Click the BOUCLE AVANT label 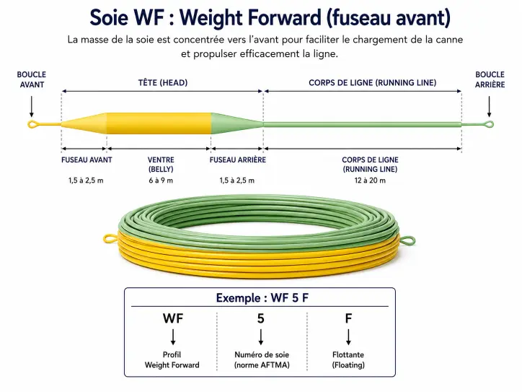coord(32,79)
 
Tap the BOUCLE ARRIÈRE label coord(490,79)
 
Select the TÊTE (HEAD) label coord(163,83)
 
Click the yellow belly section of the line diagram coord(159,123)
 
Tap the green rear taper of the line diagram coord(237,123)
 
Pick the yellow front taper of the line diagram coord(84,123)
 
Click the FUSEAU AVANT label coord(87,160)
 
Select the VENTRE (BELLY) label coord(161,165)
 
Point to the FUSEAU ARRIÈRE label coord(238,160)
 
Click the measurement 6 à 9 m coord(161,180)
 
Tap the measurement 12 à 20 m coord(370,180)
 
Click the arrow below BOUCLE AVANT coord(32,107)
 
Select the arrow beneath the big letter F coord(348,337)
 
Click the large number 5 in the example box coord(261,318)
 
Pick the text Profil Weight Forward coord(172,360)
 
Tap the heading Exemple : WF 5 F coord(262,297)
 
